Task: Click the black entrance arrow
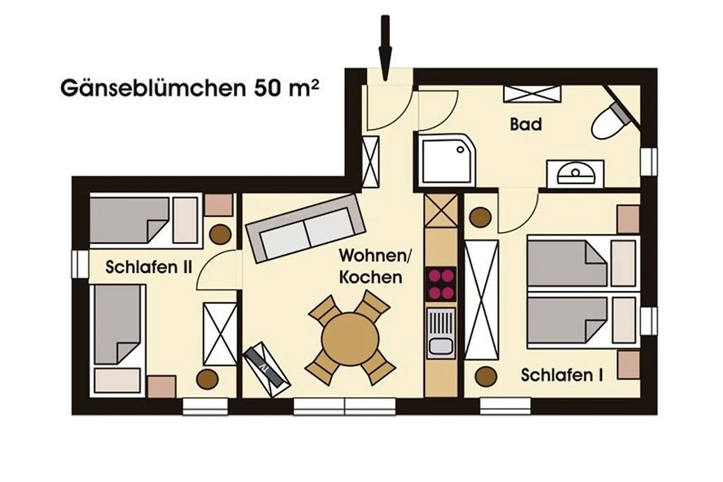(386, 48)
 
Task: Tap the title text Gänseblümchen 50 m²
(190, 88)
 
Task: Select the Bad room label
(526, 124)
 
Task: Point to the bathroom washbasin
(575, 174)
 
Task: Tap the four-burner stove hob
(441, 284)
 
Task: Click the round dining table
(350, 339)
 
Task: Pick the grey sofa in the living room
(305, 228)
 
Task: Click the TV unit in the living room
(266, 370)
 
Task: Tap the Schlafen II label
(149, 268)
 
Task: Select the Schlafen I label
(562, 375)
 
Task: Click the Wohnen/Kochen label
(374, 266)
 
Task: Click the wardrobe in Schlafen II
(220, 334)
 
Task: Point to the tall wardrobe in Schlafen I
(481, 300)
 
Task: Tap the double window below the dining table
(345, 407)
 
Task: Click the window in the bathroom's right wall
(649, 161)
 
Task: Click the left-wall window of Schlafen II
(80, 264)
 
